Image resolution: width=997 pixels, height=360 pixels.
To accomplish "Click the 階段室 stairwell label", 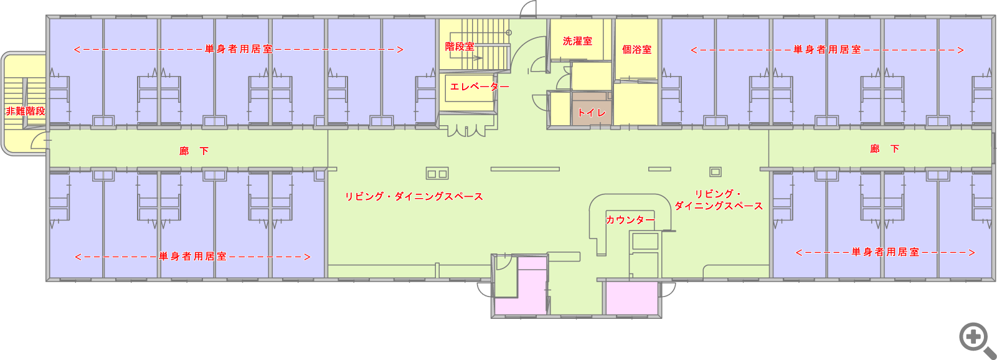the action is (x=460, y=46).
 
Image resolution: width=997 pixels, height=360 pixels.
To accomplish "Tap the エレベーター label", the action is (x=480, y=87).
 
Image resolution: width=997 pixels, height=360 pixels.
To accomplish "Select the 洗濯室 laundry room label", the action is (x=577, y=41).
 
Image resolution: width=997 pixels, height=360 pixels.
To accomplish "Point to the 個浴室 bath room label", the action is (x=636, y=49).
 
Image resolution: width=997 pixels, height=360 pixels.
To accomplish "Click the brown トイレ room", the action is (x=592, y=109).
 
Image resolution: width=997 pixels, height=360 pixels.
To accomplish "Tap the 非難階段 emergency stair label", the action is (x=26, y=111).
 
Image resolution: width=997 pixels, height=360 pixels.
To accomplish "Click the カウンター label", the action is (x=630, y=220).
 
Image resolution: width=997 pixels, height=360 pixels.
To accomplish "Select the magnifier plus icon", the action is (x=975, y=339).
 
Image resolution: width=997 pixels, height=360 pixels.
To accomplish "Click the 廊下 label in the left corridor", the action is (x=194, y=151).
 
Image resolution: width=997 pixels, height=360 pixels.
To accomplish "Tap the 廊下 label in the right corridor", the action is (x=885, y=149).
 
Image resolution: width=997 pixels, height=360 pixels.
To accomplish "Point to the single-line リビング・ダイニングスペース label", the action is (x=414, y=197).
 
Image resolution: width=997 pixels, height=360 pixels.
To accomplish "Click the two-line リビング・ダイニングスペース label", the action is (x=719, y=200).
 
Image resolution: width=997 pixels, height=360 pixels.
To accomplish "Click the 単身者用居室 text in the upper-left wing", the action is (x=239, y=49).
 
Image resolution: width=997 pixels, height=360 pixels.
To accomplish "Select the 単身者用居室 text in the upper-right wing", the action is (x=827, y=49).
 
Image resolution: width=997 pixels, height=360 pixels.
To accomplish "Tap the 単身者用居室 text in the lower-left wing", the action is (x=192, y=257).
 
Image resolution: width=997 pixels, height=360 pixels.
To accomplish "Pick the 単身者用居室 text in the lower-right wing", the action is (x=886, y=252).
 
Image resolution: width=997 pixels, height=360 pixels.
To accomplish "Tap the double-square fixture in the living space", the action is (x=437, y=174).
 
